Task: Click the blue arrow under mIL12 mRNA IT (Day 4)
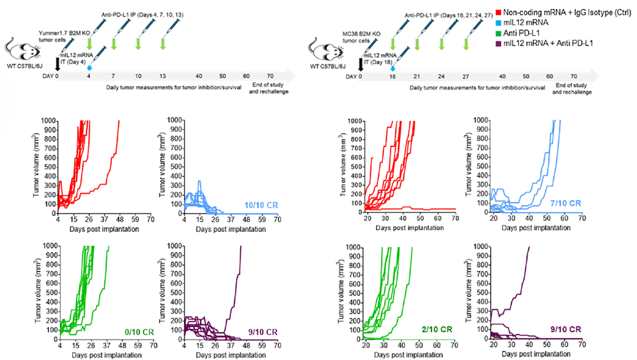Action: click(89, 67)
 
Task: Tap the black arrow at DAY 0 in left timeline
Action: click(58, 64)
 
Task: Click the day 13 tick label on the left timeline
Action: click(163, 76)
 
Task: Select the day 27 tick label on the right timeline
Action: click(466, 76)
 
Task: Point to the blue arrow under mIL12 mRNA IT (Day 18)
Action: click(392, 67)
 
